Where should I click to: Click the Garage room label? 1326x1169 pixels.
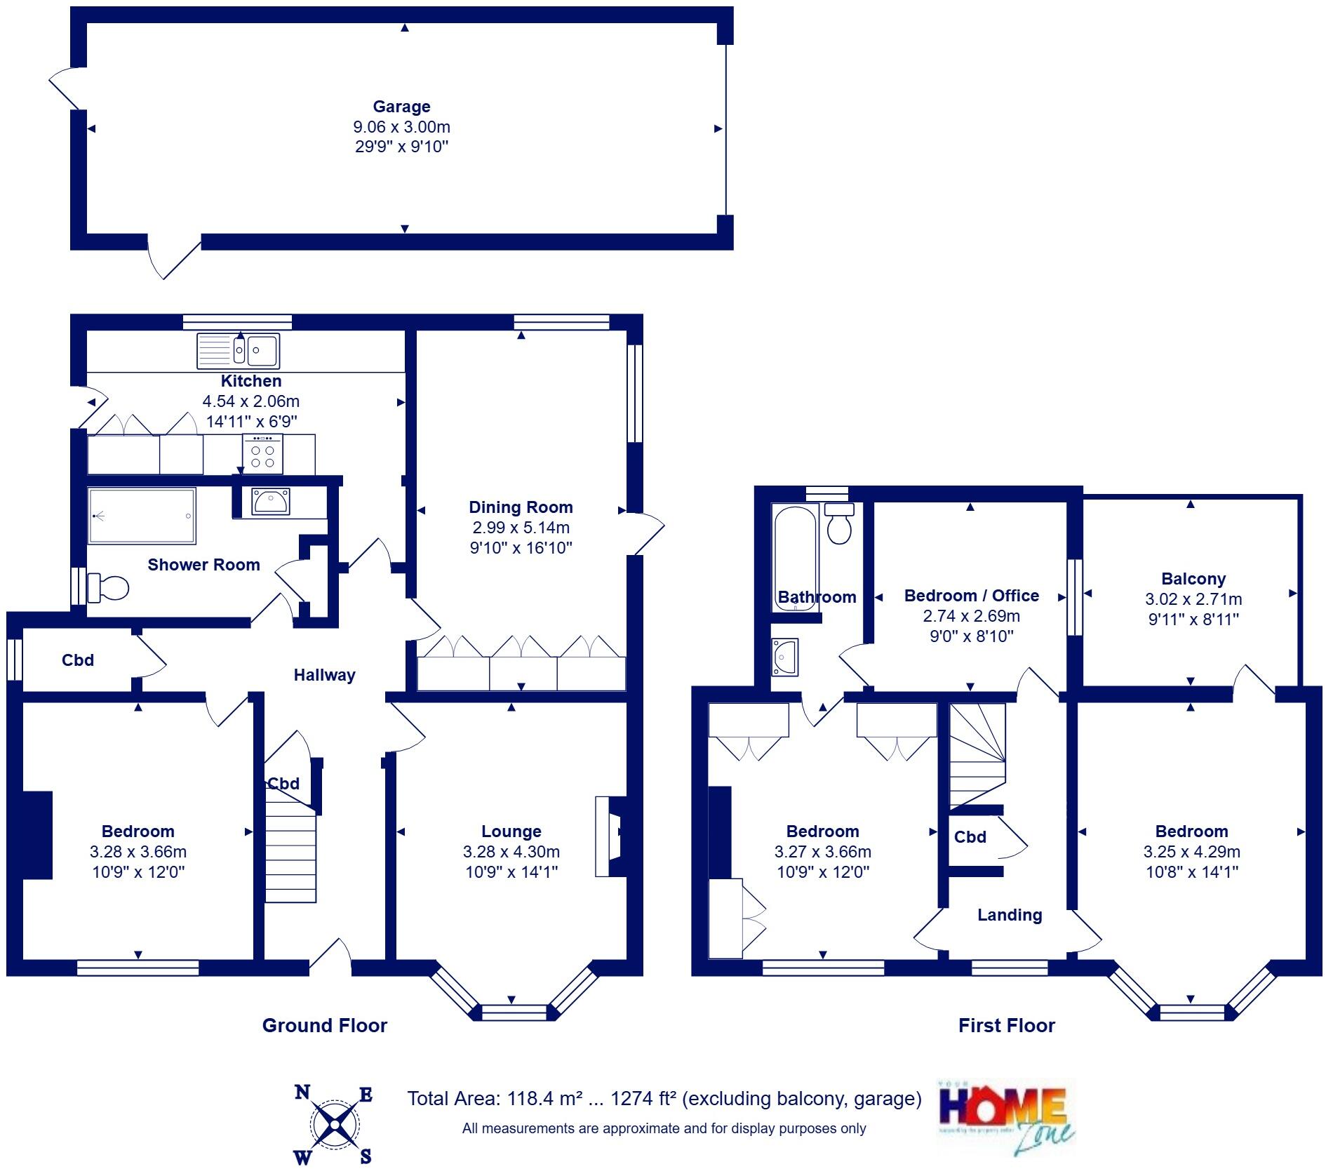[x=401, y=107]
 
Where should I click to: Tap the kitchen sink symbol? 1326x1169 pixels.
[x=239, y=350]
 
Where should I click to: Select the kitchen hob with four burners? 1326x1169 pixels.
[x=263, y=454]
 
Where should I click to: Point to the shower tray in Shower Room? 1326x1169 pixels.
[x=142, y=516]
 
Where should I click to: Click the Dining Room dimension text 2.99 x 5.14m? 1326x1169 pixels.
[x=521, y=528]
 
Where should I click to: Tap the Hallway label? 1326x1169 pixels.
[x=324, y=675]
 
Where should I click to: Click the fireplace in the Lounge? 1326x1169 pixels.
[x=609, y=835]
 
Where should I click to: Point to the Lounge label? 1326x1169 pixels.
[x=511, y=831]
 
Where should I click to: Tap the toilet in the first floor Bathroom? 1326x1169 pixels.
[x=839, y=525]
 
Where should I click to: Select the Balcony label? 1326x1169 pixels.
[x=1193, y=579]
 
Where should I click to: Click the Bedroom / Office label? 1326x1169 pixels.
[x=972, y=596]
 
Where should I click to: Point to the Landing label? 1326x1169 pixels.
[x=1010, y=915]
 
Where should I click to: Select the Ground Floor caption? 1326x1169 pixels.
[x=324, y=1026]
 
